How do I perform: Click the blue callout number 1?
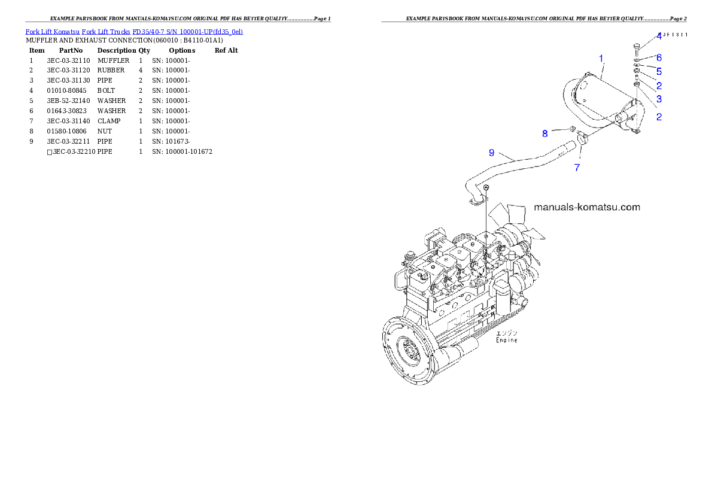[601, 59]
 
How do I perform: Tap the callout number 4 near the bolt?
[658, 37]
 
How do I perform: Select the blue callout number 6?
[659, 58]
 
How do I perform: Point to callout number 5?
[659, 71]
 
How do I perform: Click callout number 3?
[659, 99]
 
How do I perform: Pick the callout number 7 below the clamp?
[577, 168]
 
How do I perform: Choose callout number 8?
[545, 133]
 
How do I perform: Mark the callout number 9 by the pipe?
[491, 153]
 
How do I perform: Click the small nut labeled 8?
[571, 129]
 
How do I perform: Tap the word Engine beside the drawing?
[506, 340]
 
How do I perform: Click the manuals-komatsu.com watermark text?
[586, 207]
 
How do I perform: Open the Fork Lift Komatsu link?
[52, 31]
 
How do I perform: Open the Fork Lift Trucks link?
[106, 31]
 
